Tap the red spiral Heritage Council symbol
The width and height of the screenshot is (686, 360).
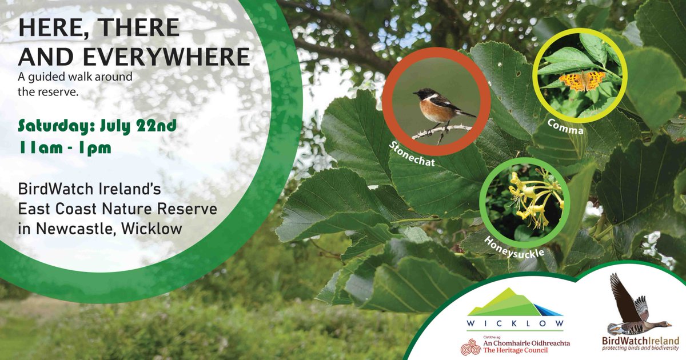point(471,347)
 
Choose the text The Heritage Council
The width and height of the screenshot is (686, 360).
point(516,350)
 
